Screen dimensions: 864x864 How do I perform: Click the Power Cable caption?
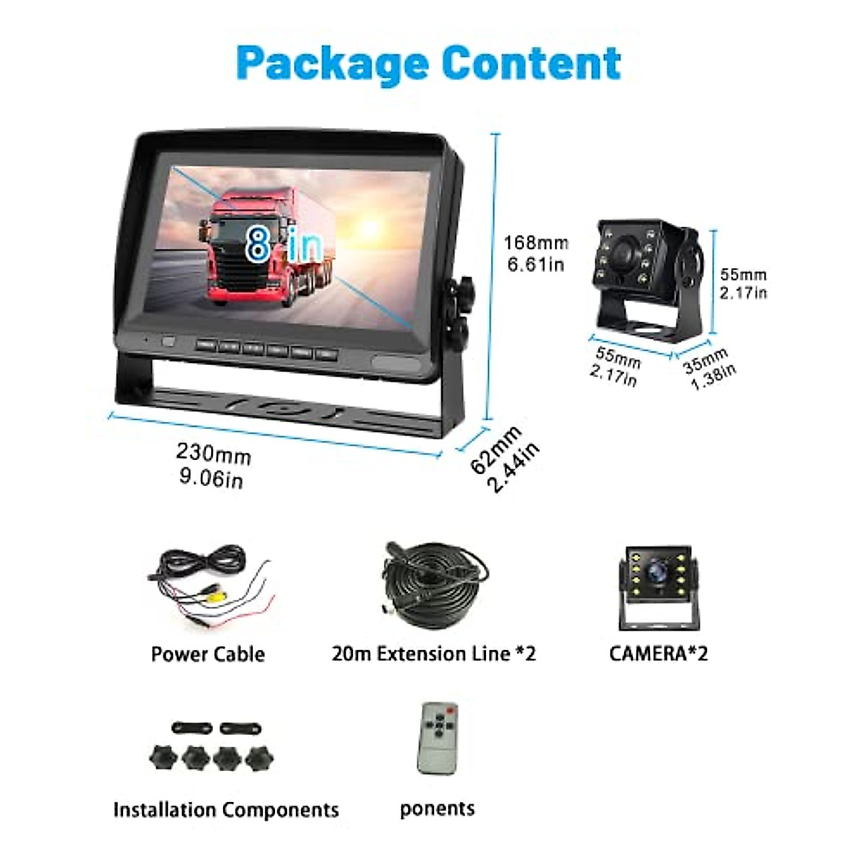click(207, 654)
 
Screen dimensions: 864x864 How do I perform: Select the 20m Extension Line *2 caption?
click(433, 654)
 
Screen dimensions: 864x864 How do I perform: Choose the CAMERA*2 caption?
click(658, 654)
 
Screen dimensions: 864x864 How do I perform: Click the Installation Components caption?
click(225, 810)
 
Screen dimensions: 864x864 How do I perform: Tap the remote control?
click(437, 737)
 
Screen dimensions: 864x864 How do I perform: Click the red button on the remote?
click(450, 711)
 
